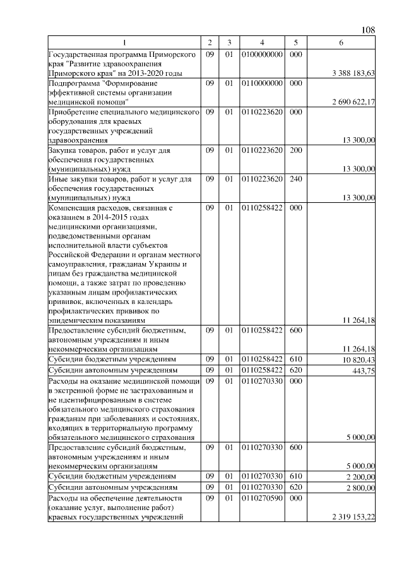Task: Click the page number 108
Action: (x=369, y=30)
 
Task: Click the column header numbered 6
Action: (x=341, y=42)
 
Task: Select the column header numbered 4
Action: (x=261, y=42)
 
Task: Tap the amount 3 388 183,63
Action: (x=353, y=73)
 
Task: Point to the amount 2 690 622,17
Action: (x=353, y=101)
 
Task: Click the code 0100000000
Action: (x=261, y=55)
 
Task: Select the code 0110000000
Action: (x=261, y=83)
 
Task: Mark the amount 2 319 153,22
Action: (x=353, y=517)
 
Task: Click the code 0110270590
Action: (x=261, y=499)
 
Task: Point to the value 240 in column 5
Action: (x=295, y=179)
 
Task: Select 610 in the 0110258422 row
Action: (x=295, y=359)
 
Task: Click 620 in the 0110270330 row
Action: (x=295, y=487)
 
